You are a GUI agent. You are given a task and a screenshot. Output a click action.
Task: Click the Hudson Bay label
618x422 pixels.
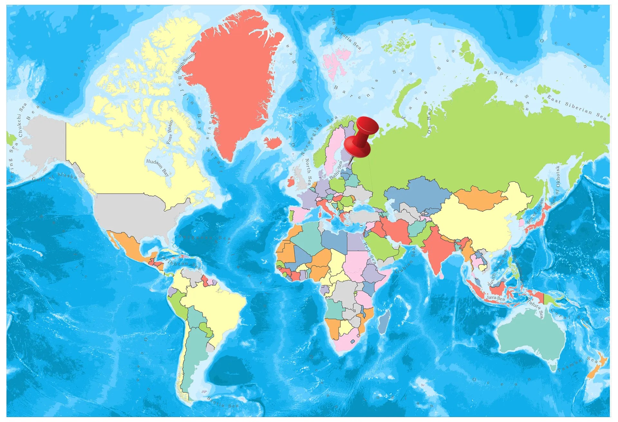tap(157, 167)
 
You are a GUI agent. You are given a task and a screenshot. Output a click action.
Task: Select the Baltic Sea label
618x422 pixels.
tap(337, 170)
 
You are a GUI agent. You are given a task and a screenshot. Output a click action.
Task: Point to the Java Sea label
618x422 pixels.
tap(495, 298)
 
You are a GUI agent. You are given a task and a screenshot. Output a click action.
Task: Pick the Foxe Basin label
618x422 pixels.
tap(170, 132)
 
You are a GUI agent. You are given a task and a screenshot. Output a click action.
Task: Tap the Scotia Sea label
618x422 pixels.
tap(223, 402)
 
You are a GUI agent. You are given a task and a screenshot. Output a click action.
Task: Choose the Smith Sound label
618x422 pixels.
tap(185, 63)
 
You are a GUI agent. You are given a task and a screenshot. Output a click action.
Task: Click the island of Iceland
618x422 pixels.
tap(273, 142)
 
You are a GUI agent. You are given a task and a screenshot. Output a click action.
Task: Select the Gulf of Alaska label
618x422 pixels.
tap(55, 176)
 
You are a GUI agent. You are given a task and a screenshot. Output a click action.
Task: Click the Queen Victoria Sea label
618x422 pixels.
tap(346, 31)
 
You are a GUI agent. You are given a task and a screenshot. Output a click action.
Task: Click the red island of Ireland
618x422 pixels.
tap(290, 182)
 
